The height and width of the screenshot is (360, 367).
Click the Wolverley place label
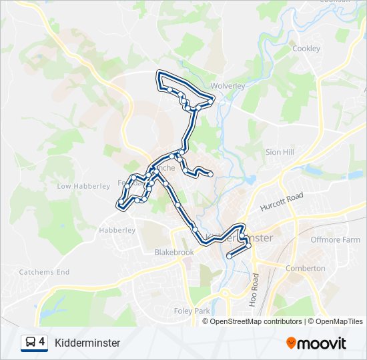pyautogui.click(x=228, y=85)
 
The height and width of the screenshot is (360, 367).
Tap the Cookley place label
pyautogui.click(x=306, y=49)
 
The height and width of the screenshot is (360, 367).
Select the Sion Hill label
pyautogui.click(x=280, y=152)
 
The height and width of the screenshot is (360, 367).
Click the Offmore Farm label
pyautogui.click(x=335, y=240)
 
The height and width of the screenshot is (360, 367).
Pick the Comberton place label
pyautogui.click(x=305, y=268)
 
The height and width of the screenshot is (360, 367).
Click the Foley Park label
pyautogui.click(x=192, y=311)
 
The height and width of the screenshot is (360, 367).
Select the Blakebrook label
pyautogui.click(x=173, y=253)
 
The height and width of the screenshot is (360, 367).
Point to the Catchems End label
pyautogui.click(x=44, y=272)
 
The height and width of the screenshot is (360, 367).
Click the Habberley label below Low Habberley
pyautogui.click(x=117, y=230)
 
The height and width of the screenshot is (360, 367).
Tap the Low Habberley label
pyautogui.click(x=83, y=186)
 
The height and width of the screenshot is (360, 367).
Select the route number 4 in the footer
pyautogui.click(x=42, y=342)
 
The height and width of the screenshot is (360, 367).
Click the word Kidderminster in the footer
pyautogui.click(x=87, y=343)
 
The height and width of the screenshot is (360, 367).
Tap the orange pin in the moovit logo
pyautogui.click(x=292, y=343)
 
